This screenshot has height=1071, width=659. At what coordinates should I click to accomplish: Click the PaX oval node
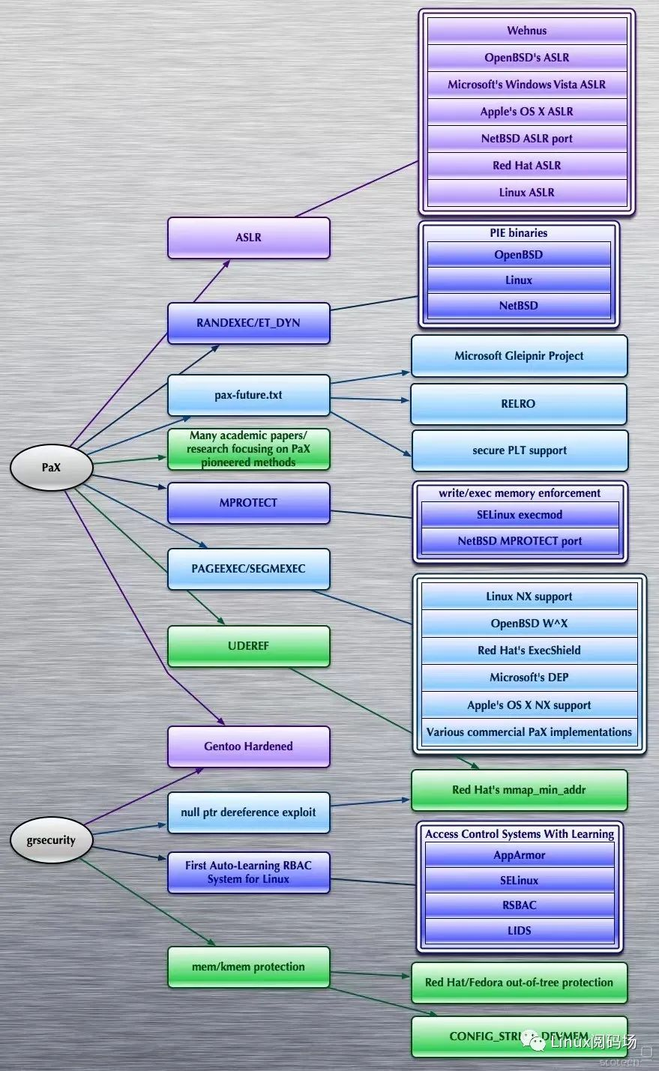(51, 468)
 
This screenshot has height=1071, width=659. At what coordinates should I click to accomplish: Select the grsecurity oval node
(51, 840)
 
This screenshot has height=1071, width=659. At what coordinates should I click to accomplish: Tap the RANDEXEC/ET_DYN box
(248, 323)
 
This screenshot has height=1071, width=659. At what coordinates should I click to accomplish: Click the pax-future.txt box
(248, 395)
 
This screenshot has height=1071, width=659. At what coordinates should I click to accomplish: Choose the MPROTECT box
(248, 503)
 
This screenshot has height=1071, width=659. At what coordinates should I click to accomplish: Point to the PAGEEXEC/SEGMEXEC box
(248, 569)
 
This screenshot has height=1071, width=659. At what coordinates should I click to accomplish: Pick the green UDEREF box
(248, 646)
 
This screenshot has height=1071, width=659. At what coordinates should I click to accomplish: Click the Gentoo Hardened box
(248, 746)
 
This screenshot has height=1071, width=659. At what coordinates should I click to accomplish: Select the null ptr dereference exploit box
(248, 812)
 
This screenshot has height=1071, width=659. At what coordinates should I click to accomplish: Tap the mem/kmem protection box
(248, 967)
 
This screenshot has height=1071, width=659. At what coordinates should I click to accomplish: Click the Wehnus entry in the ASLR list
(526, 31)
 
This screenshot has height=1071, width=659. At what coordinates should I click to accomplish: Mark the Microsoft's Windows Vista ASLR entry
(526, 85)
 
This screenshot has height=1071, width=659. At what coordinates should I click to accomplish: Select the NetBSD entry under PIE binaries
(518, 306)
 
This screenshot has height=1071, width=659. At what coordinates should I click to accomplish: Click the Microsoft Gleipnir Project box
(519, 356)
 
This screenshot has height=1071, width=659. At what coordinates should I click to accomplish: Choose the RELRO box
(518, 404)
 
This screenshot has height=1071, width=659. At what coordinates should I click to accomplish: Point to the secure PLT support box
(520, 450)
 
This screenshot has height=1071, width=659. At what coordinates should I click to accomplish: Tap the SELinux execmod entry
(520, 515)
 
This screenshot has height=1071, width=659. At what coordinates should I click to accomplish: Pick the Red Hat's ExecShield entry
(529, 651)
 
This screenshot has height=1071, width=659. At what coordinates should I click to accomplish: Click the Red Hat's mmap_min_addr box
(519, 790)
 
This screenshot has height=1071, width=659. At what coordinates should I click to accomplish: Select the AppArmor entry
(519, 855)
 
